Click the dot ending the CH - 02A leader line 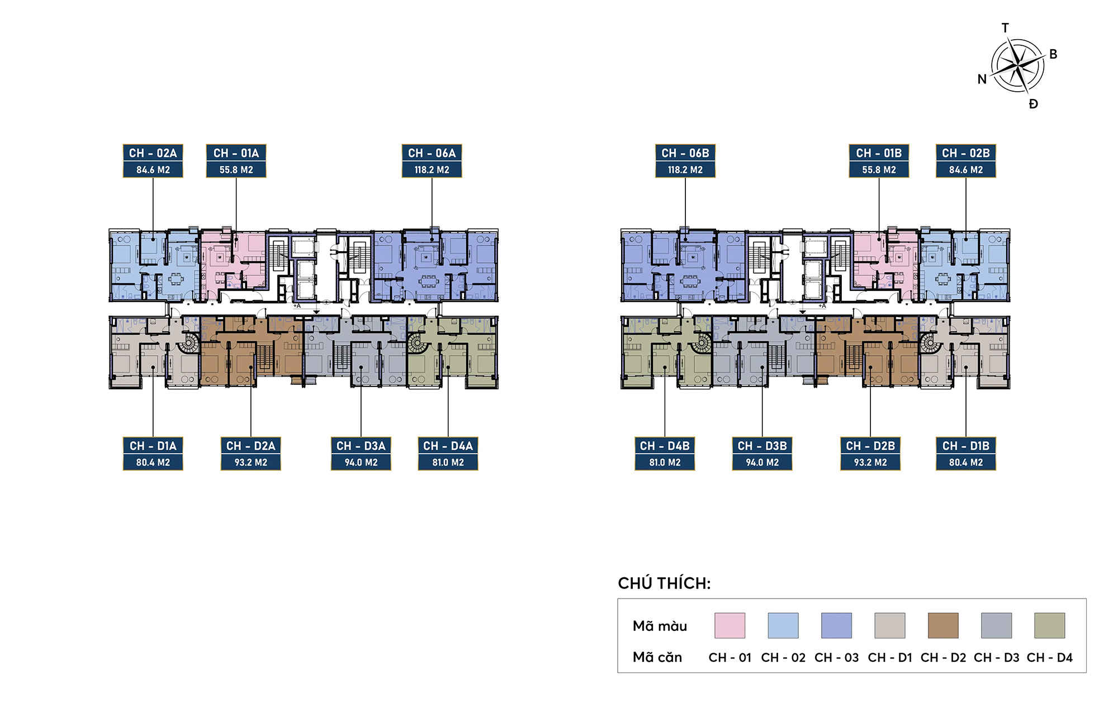153,239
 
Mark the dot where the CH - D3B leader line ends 762,368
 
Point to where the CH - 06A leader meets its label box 432,178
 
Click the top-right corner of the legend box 1086,599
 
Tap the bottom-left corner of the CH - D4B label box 635,470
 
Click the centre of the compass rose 1017,66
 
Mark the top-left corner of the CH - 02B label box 936,145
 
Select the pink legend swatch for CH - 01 729,625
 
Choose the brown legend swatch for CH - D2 943,625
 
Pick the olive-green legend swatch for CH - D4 1050,625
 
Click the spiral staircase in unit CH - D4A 416,343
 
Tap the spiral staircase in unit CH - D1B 930,343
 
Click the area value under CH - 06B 685,169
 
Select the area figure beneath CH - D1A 153,463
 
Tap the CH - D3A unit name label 361,446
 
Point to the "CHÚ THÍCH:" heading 664,583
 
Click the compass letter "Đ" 1033,103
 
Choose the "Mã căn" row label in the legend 657,657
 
